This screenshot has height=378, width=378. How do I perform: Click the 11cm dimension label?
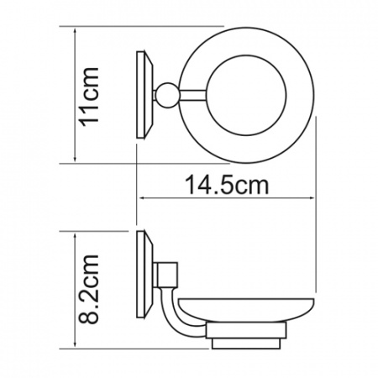tap(89, 97)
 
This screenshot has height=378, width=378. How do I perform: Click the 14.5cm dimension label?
tap(227, 185)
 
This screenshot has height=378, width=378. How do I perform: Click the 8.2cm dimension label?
tap(89, 289)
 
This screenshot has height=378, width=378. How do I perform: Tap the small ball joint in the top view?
tap(167, 95)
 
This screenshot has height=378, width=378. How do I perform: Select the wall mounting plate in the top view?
tap(144, 94)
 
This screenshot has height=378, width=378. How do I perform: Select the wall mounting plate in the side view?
tap(144, 275)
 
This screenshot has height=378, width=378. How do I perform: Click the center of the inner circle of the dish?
tap(247, 95)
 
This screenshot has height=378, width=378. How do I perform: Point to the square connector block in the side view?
tap(167, 275)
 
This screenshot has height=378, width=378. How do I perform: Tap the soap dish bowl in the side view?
tap(246, 310)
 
